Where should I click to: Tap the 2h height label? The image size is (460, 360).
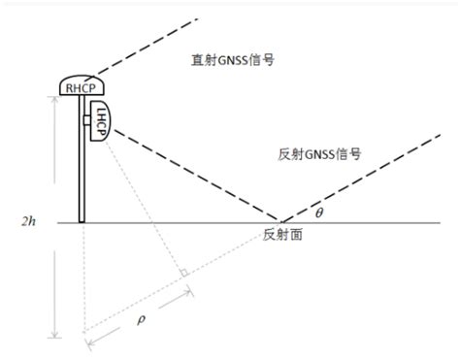pyautogui.click(x=31, y=223)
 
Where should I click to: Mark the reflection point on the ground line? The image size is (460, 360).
pyautogui.click(x=279, y=222)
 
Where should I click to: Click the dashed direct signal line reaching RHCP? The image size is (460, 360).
pyautogui.click(x=155, y=44)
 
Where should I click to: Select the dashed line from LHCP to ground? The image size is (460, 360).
pyautogui.click(x=194, y=175)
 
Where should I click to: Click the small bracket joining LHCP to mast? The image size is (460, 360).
pyautogui.click(x=87, y=120)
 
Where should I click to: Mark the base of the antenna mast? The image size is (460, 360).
pyautogui.click(x=82, y=220)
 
